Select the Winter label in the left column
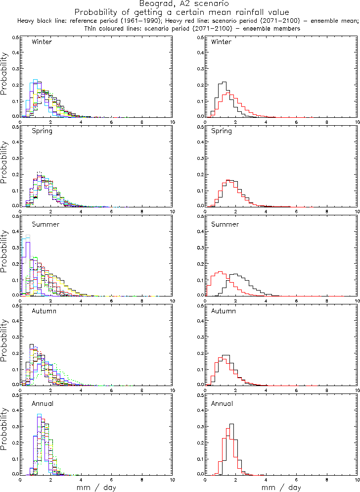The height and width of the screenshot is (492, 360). pyautogui.click(x=42, y=42)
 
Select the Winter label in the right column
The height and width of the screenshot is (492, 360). pyautogui.click(x=221, y=42)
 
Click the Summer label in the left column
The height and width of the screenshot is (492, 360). pyautogui.click(x=45, y=224)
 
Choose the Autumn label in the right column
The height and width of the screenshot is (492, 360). pyautogui.click(x=224, y=311)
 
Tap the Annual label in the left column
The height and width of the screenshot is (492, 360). pyautogui.click(x=43, y=403)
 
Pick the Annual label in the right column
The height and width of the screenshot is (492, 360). pyautogui.click(x=222, y=403)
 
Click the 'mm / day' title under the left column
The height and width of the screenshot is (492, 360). pyautogui.click(x=96, y=487)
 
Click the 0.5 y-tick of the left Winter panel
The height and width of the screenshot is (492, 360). pyautogui.click(x=15, y=38)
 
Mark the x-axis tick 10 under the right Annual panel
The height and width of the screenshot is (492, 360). pyautogui.click(x=357, y=479)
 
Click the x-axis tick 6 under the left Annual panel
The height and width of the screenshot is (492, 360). pyautogui.click(x=111, y=479)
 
